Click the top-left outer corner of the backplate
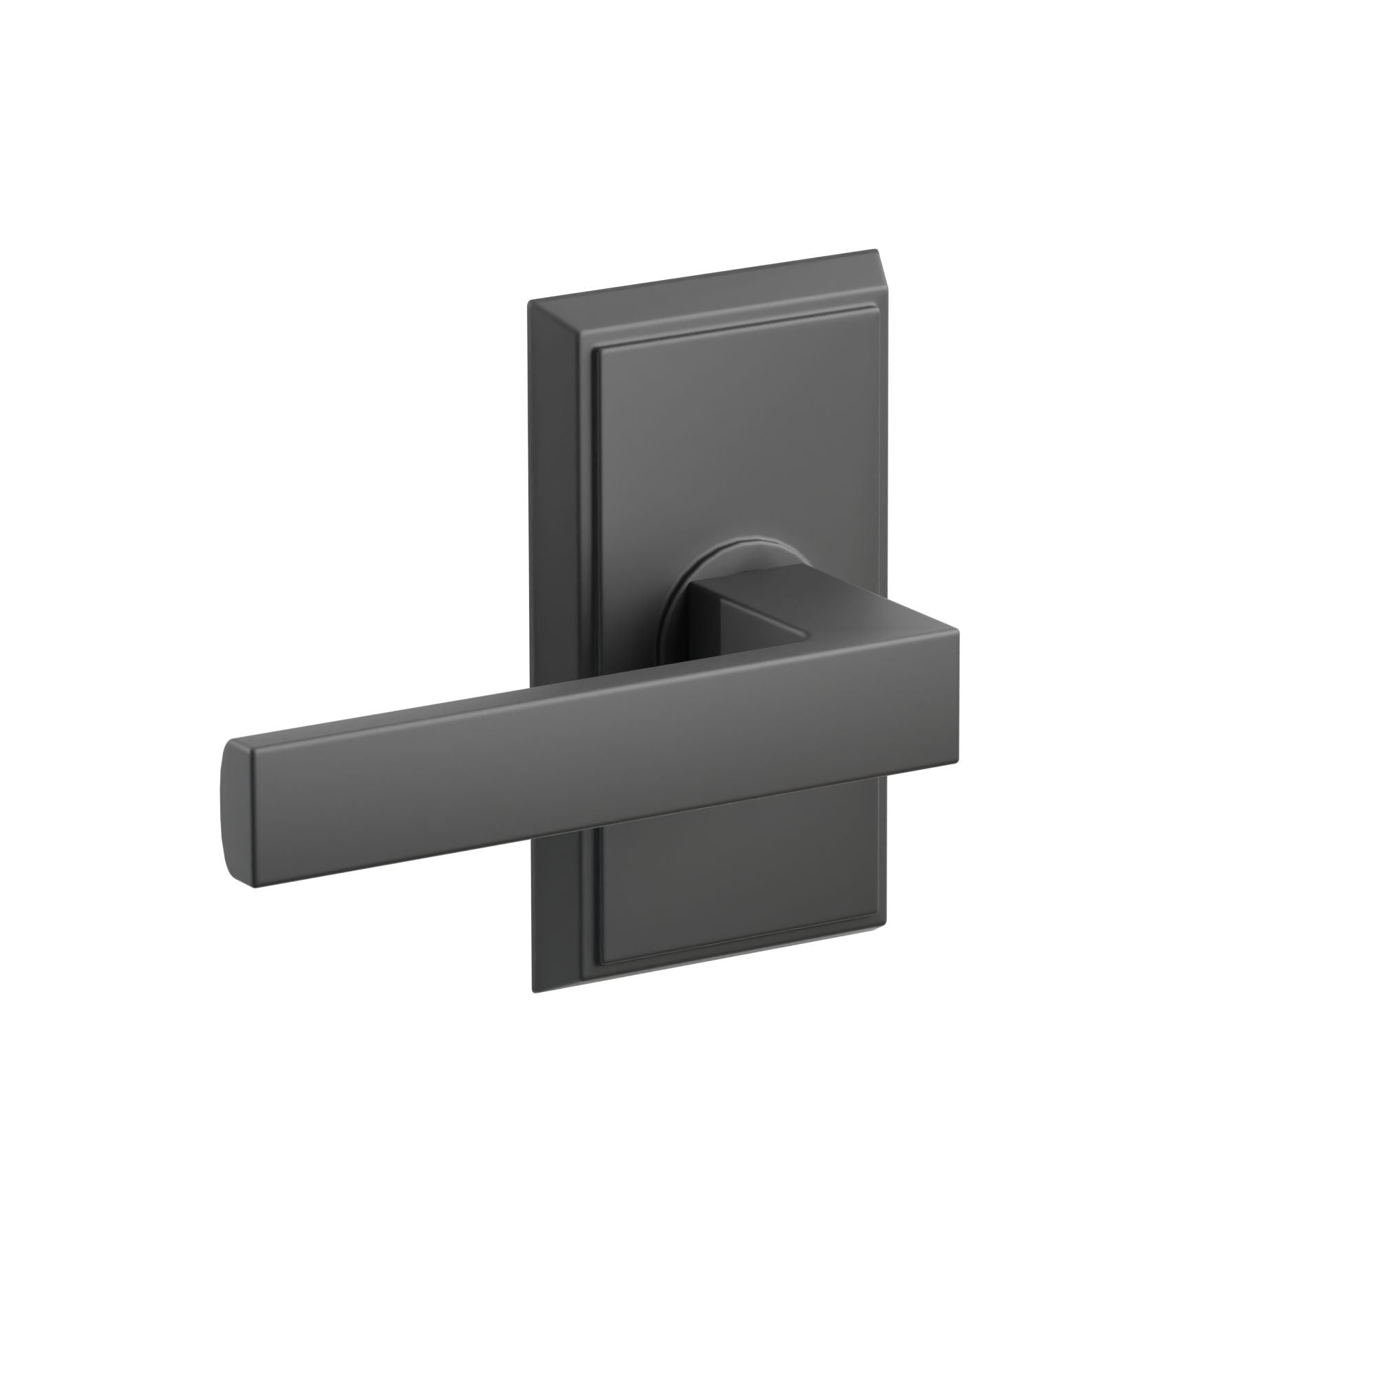(x=529, y=302)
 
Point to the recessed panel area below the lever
(x=733, y=883)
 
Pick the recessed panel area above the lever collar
(x=733, y=442)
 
